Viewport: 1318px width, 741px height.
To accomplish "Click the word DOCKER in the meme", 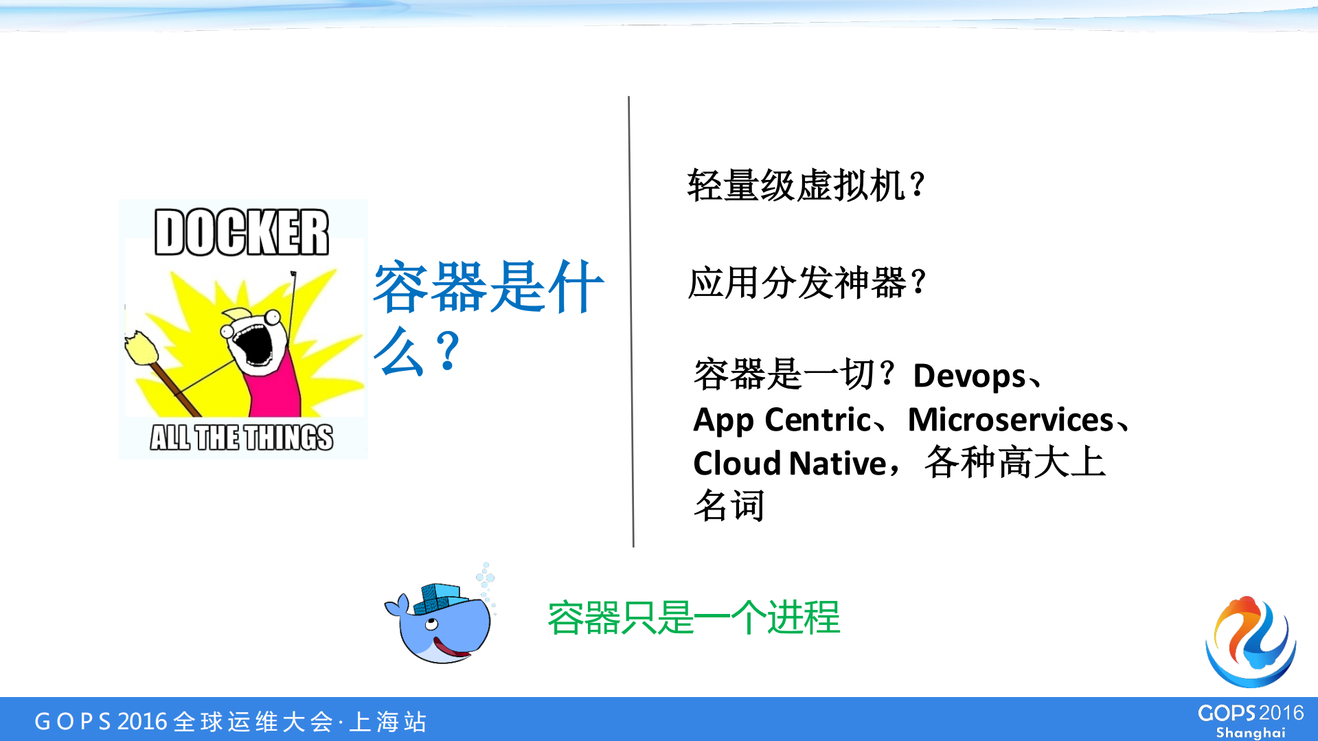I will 242,232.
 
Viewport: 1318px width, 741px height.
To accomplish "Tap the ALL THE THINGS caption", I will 242,437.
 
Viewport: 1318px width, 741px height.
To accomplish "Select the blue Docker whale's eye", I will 431,624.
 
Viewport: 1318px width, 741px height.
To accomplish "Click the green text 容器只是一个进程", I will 694,617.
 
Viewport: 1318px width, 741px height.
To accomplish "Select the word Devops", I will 969,376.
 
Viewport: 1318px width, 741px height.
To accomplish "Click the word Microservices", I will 1010,420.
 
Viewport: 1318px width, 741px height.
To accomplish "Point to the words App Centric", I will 782,420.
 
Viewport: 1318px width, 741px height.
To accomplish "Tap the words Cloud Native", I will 790,464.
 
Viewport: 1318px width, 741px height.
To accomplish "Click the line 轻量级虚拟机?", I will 806,185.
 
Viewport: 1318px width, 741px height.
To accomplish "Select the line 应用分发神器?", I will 807,283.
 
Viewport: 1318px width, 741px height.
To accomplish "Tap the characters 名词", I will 729,506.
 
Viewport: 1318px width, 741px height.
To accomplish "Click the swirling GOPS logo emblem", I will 1251,642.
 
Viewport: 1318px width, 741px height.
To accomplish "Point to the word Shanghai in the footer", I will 1250,733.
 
